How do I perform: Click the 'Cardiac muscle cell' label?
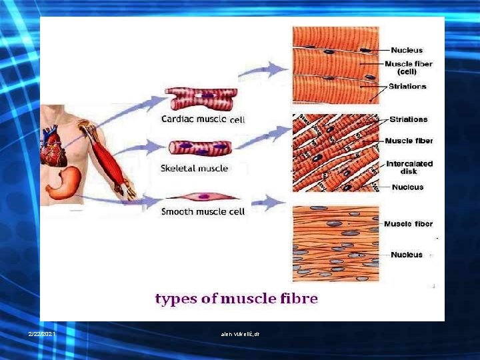(203, 120)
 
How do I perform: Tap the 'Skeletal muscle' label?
(194, 168)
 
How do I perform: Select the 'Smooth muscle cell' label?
(203, 212)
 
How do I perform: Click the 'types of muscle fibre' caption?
(236, 299)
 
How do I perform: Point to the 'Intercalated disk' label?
(409, 167)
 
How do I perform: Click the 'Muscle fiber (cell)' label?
(407, 67)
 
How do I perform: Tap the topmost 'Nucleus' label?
(406, 50)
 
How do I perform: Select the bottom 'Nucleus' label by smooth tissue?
(406, 255)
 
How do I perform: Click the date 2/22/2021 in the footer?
(42, 333)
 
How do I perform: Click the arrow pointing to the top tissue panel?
(269, 67)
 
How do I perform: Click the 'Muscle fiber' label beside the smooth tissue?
(408, 224)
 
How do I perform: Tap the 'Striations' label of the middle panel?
(407, 119)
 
